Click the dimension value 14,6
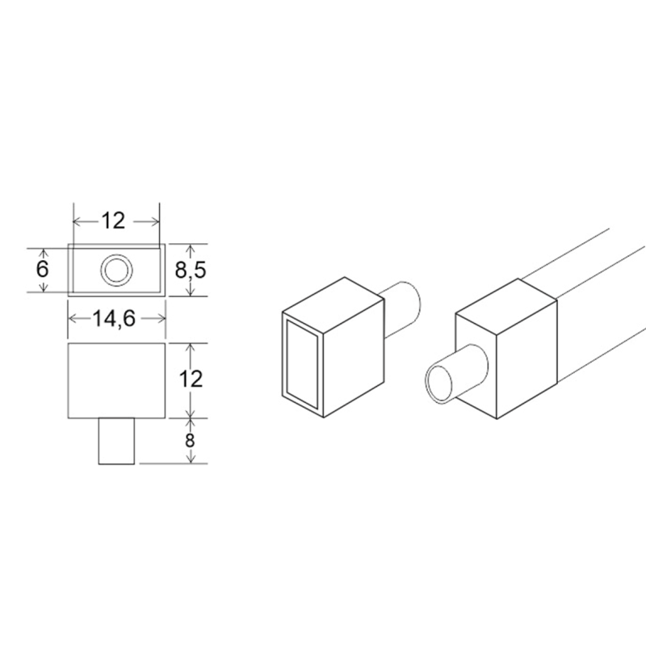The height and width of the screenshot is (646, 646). click(x=114, y=318)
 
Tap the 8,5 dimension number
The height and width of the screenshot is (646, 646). click(x=191, y=271)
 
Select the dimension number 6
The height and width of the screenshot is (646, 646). click(x=43, y=270)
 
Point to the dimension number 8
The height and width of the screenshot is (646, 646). click(x=190, y=440)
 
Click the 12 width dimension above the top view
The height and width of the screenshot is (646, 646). click(x=113, y=221)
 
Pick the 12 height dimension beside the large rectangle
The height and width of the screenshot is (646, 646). click(x=191, y=379)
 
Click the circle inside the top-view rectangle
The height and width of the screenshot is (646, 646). click(x=116, y=271)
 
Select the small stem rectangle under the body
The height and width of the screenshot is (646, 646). click(x=116, y=441)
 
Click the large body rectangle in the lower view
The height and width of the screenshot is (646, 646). click(x=116, y=380)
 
